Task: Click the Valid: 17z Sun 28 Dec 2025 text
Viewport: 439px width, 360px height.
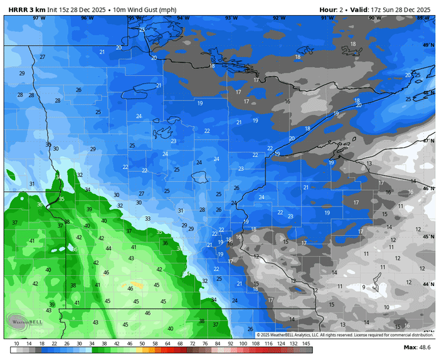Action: point(393,10)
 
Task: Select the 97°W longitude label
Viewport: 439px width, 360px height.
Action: point(39,18)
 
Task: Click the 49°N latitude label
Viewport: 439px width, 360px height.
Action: point(428,45)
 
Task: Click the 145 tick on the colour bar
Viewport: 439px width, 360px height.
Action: point(307,344)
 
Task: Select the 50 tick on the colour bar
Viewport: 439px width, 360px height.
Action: point(142,344)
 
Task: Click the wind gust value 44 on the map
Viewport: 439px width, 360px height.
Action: point(108,248)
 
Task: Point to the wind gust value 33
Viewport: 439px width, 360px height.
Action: point(147,218)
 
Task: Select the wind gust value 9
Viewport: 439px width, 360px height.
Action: point(363,287)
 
